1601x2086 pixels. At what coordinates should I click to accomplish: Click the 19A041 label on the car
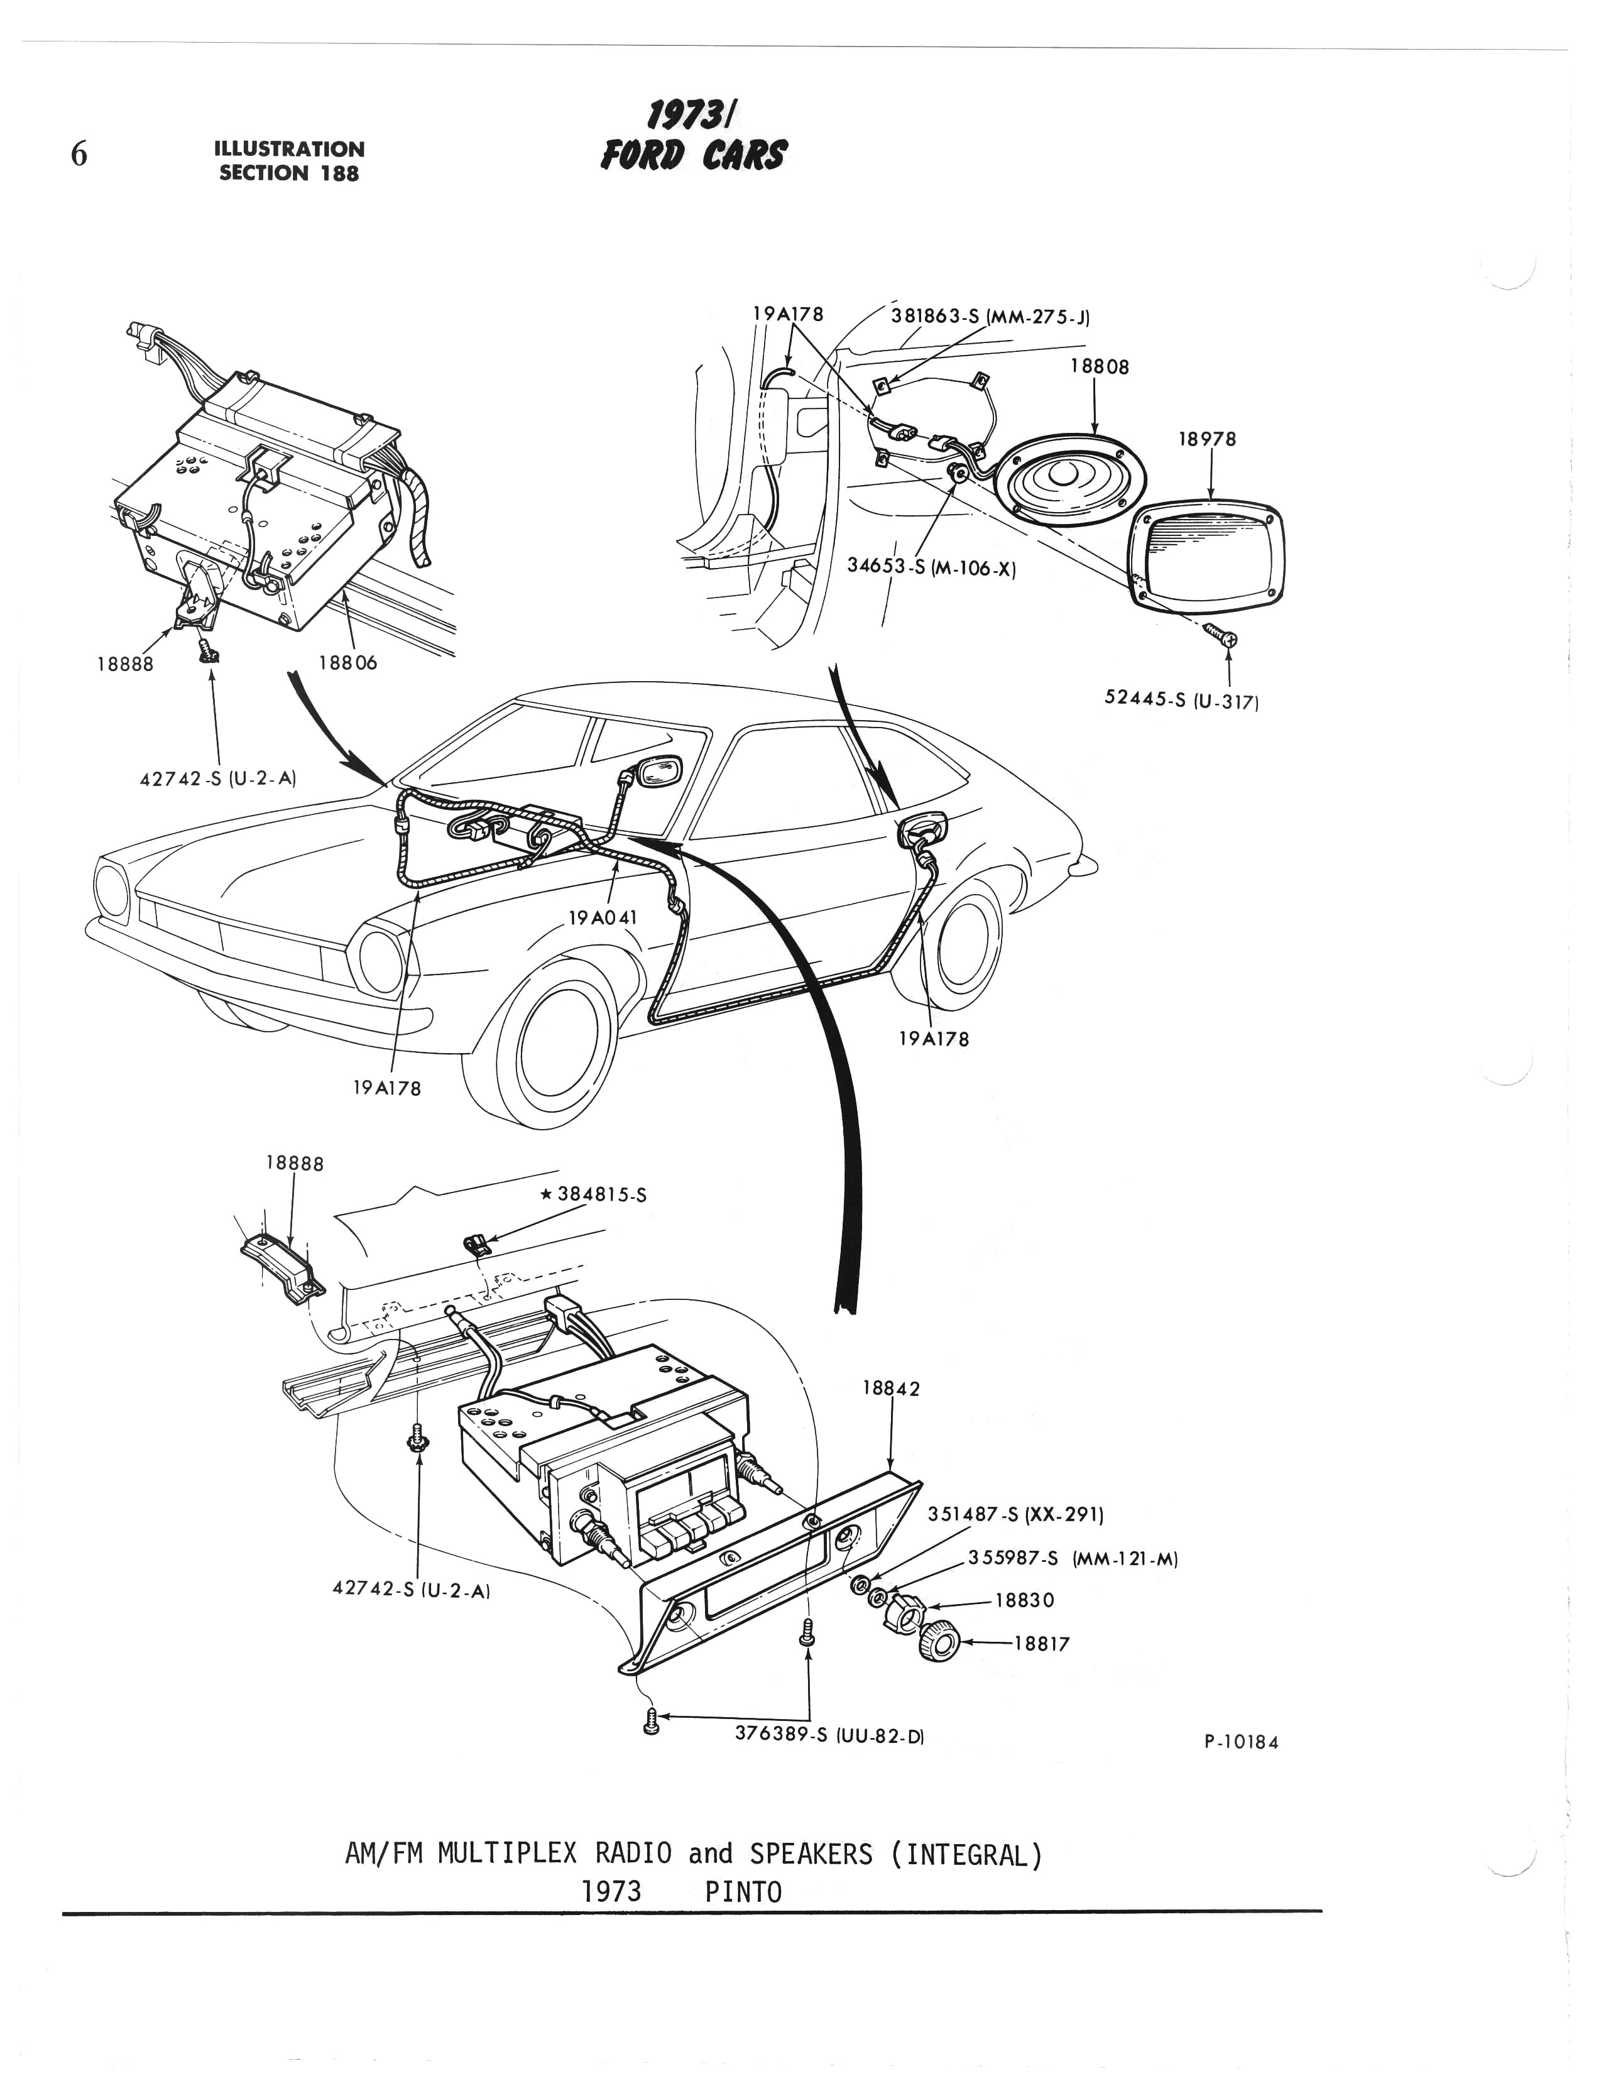(x=603, y=918)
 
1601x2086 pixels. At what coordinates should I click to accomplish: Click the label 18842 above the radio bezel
(x=891, y=1389)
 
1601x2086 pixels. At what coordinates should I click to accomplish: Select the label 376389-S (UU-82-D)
(x=829, y=1735)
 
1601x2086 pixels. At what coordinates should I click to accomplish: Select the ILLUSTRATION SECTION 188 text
(x=290, y=161)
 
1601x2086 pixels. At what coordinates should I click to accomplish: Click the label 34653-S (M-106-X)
(x=931, y=569)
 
